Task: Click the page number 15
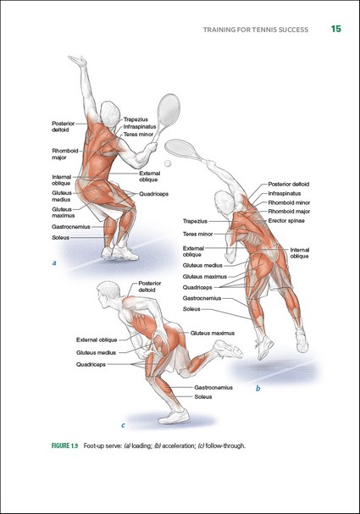pos(336,29)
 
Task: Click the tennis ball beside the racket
pos(168,163)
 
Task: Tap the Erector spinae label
pos(286,221)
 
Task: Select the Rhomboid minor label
pos(289,202)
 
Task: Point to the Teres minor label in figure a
pos(138,134)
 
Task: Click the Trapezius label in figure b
pos(195,221)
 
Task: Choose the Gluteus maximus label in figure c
pos(213,333)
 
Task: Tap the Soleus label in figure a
pos(61,238)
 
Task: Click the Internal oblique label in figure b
pos(299,252)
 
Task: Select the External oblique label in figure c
pos(97,340)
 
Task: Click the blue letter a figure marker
pos(54,263)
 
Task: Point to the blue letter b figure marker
pos(258,389)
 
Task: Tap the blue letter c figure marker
pos(123,425)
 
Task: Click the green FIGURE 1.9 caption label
pos(64,445)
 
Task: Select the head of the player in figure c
pos(108,293)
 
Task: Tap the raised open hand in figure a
pos(78,61)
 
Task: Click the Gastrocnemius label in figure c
pos(213,388)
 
